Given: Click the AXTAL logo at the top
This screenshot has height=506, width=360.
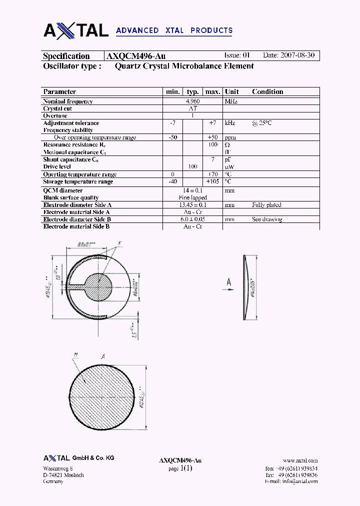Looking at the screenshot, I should (x=76, y=30).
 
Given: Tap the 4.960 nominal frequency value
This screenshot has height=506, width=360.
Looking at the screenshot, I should (x=193, y=101).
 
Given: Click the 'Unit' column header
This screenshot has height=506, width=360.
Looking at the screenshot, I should (x=231, y=91).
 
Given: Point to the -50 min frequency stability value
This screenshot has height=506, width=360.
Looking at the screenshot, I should (x=173, y=137).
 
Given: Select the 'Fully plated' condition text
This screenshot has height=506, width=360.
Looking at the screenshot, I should (x=266, y=205).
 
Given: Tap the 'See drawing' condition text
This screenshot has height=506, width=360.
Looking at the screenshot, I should (x=267, y=219).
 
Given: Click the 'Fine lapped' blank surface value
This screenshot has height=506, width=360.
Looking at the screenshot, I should (x=192, y=197).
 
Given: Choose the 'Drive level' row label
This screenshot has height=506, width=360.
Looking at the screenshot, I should (x=57, y=166).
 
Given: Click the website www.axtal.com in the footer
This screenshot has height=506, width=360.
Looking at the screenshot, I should (x=300, y=460).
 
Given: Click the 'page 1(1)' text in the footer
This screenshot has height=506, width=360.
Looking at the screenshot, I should (x=180, y=468).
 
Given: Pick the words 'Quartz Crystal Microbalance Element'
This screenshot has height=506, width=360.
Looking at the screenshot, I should (x=184, y=66).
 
